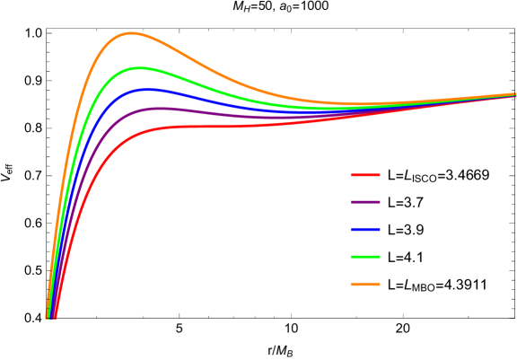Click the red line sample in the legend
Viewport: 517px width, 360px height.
coord(364,175)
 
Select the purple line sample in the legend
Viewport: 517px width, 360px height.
coord(364,202)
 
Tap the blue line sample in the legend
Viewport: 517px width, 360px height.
coord(364,230)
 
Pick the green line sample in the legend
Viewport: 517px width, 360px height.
coord(364,257)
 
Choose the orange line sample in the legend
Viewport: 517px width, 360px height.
coord(364,284)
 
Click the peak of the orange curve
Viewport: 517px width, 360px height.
coord(132,33)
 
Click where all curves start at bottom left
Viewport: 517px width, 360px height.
coord(50,316)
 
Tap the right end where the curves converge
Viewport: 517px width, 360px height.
coord(513,94)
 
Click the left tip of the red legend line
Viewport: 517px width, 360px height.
coord(351,175)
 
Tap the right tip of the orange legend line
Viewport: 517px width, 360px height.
coord(380,284)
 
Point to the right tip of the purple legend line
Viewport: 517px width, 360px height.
coord(380,202)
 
